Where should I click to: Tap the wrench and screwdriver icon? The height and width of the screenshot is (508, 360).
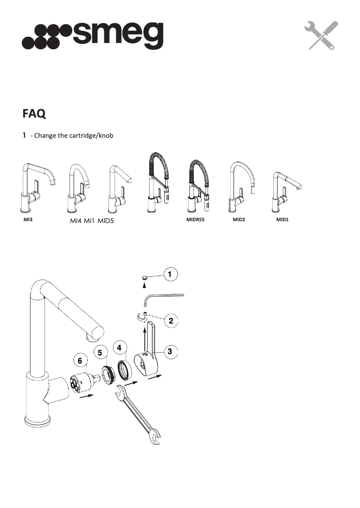tap(320, 35)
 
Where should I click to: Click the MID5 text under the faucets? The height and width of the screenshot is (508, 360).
tap(110, 221)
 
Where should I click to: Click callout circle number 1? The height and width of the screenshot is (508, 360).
tap(170, 273)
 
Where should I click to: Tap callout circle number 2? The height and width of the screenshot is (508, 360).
tap(171, 320)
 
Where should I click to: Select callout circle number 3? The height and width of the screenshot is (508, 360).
tap(169, 352)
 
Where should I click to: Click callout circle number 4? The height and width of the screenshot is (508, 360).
tap(119, 347)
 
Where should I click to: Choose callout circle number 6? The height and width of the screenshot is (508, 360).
tap(79, 360)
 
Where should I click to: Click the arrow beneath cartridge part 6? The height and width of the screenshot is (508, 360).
tap(87, 396)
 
